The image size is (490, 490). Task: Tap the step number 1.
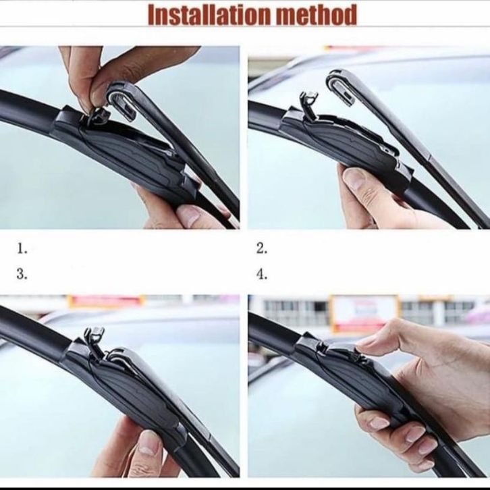(22, 249)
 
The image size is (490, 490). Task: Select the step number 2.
(262, 249)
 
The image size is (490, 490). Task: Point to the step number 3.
(22, 275)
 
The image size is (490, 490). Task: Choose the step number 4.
(262, 275)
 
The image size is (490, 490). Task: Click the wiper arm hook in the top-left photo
(123, 99)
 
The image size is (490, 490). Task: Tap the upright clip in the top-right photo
(309, 105)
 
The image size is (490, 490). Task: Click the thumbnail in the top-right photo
(354, 179)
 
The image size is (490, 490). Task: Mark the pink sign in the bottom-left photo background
(106, 301)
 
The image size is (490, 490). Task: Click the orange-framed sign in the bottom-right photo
(364, 312)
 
